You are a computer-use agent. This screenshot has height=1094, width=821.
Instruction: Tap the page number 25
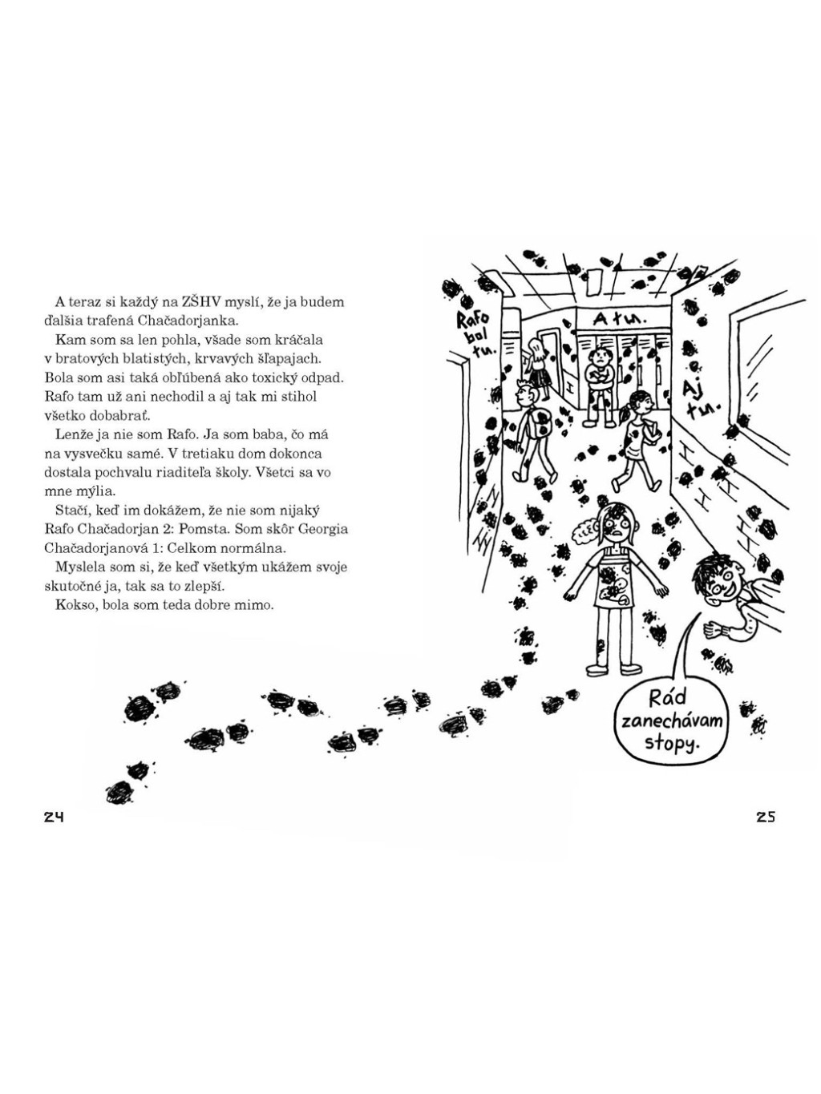pyautogui.click(x=765, y=817)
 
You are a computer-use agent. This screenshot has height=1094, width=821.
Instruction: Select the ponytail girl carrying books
pyautogui.click(x=637, y=437)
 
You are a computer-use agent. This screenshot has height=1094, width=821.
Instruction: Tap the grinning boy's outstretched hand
pyautogui.click(x=711, y=629)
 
